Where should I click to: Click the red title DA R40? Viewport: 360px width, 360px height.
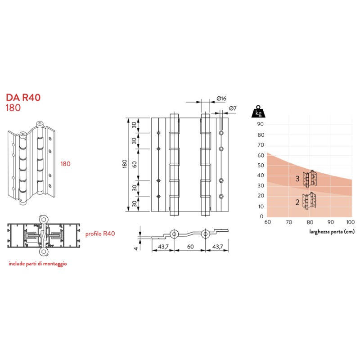pos(21,98)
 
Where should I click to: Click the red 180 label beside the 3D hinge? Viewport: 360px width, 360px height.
pos(66,164)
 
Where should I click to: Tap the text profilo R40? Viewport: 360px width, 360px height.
pos(100,234)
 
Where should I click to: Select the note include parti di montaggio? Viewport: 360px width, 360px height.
pos(38,264)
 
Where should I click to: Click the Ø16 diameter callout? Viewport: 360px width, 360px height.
pos(220,98)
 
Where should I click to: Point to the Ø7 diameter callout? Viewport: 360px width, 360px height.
pos(233,108)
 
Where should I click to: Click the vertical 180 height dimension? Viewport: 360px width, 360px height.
pos(125,165)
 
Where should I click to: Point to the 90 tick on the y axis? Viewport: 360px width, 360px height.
pos(260,124)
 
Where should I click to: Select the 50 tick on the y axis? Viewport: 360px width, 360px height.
pos(260,165)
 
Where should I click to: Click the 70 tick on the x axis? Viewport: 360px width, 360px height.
pos(288,222)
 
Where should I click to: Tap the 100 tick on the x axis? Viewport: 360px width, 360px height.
pos(350,222)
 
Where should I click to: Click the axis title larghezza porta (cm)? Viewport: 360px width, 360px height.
pos(332,232)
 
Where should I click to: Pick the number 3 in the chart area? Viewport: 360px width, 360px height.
pos(297,179)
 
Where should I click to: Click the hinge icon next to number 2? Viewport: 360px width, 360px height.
pos(309,201)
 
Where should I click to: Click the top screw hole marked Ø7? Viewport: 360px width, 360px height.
pos(221,134)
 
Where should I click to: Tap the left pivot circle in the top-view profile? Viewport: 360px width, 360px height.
pos(173,233)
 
